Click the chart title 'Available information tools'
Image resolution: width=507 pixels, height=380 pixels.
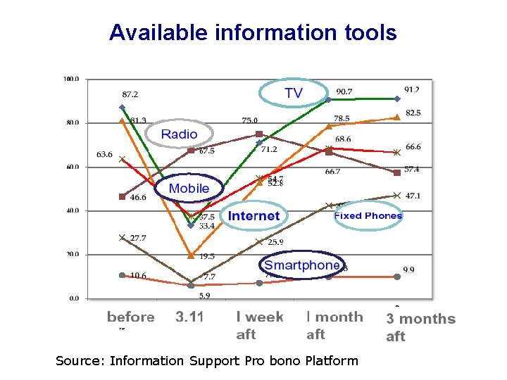[253, 32]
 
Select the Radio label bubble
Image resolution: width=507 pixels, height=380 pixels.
[179, 134]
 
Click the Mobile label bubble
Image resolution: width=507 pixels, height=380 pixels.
[189, 188]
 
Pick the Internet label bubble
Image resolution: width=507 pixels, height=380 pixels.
[254, 216]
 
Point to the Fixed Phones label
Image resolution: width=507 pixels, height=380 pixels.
[368, 215]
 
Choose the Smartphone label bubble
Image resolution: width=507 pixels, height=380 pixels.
[301, 265]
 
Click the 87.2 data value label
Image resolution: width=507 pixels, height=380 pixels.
[130, 94]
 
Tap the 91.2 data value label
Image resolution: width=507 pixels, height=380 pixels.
[412, 89]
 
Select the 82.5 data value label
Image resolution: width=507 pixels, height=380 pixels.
[413, 113]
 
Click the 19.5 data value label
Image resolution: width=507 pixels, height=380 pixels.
[206, 257]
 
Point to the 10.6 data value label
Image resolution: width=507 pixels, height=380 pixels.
[138, 275]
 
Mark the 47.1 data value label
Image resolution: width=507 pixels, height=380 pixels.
[413, 196]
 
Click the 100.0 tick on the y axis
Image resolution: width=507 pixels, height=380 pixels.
[71, 79]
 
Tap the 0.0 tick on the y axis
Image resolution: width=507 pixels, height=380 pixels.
[74, 298]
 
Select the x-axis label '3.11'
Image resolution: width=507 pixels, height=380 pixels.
[189, 317]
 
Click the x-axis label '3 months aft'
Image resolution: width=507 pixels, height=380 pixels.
[420, 327]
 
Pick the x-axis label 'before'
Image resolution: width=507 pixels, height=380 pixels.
[130, 317]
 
